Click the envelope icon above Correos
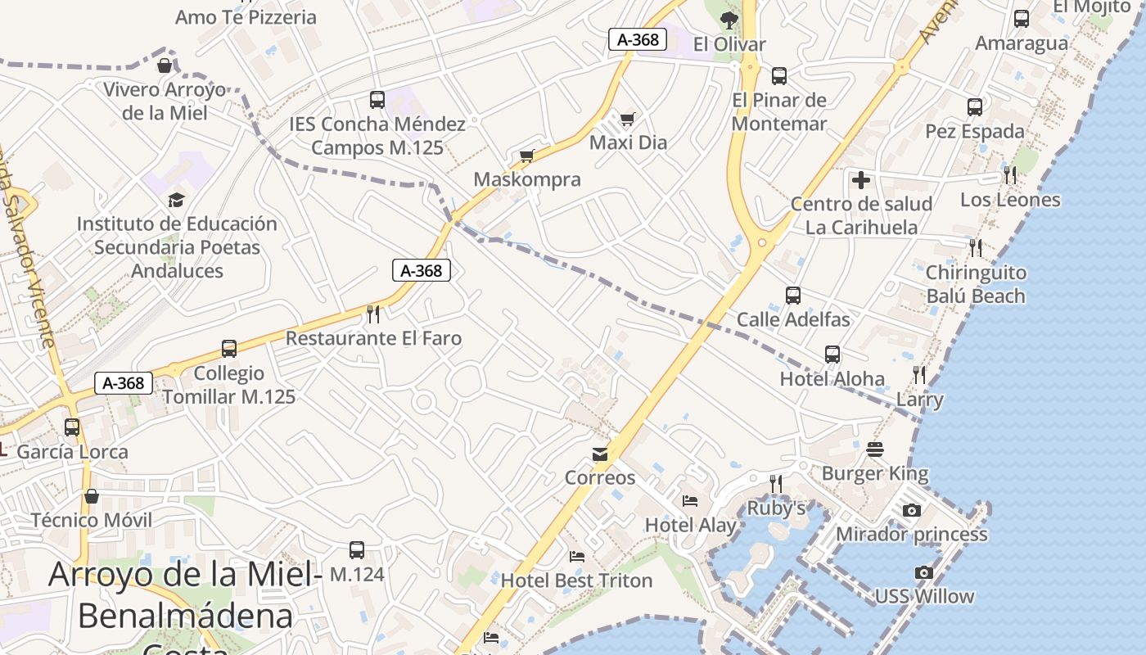pos(601,454)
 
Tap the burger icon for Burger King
pos(875,449)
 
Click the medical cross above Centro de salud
pos(861,180)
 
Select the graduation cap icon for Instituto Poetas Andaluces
pos(176,200)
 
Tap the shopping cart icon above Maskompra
pos(527,156)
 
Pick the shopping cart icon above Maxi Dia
pos(628,120)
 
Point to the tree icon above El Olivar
pos(729,20)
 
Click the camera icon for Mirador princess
pos(912,510)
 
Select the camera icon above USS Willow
pos(924,572)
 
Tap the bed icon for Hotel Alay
pos(690,500)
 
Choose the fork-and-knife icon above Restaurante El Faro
pos(373,314)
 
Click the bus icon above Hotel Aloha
pos(832,355)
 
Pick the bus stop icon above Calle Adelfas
pos(792,296)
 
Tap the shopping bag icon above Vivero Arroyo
pos(165,65)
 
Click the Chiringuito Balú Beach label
pos(976,284)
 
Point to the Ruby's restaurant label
pos(776,508)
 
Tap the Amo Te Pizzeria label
pos(246,17)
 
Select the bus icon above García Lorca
pos(72,427)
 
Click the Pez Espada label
pos(975,131)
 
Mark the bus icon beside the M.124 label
pos(357,550)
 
